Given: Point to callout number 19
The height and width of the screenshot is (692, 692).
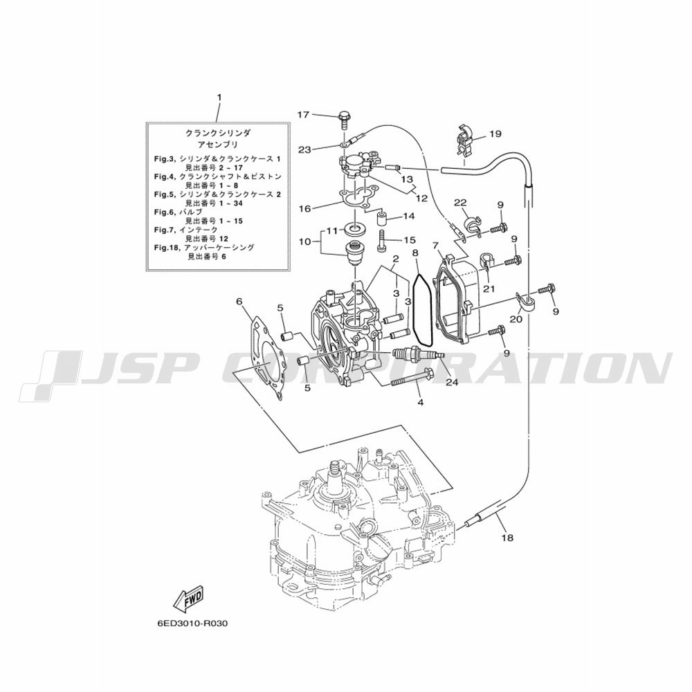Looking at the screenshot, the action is pos(495,134).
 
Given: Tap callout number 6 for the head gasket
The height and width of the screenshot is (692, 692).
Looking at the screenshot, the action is pos(239,302).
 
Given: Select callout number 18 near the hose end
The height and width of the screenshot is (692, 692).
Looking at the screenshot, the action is pos(507,538).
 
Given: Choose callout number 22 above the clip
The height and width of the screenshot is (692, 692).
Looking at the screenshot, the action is pos(460,203).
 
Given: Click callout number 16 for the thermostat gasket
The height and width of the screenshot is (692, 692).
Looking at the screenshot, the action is pos(305,208).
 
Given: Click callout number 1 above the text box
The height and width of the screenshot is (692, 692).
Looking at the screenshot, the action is pos(219,97).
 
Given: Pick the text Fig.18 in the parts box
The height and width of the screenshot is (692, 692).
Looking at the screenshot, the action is pos(165,248).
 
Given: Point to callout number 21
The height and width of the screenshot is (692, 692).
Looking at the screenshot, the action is pos(489,289).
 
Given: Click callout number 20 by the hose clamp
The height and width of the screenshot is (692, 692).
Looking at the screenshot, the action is pos(516,318).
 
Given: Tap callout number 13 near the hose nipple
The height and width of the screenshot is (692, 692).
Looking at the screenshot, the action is pos(406,179).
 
